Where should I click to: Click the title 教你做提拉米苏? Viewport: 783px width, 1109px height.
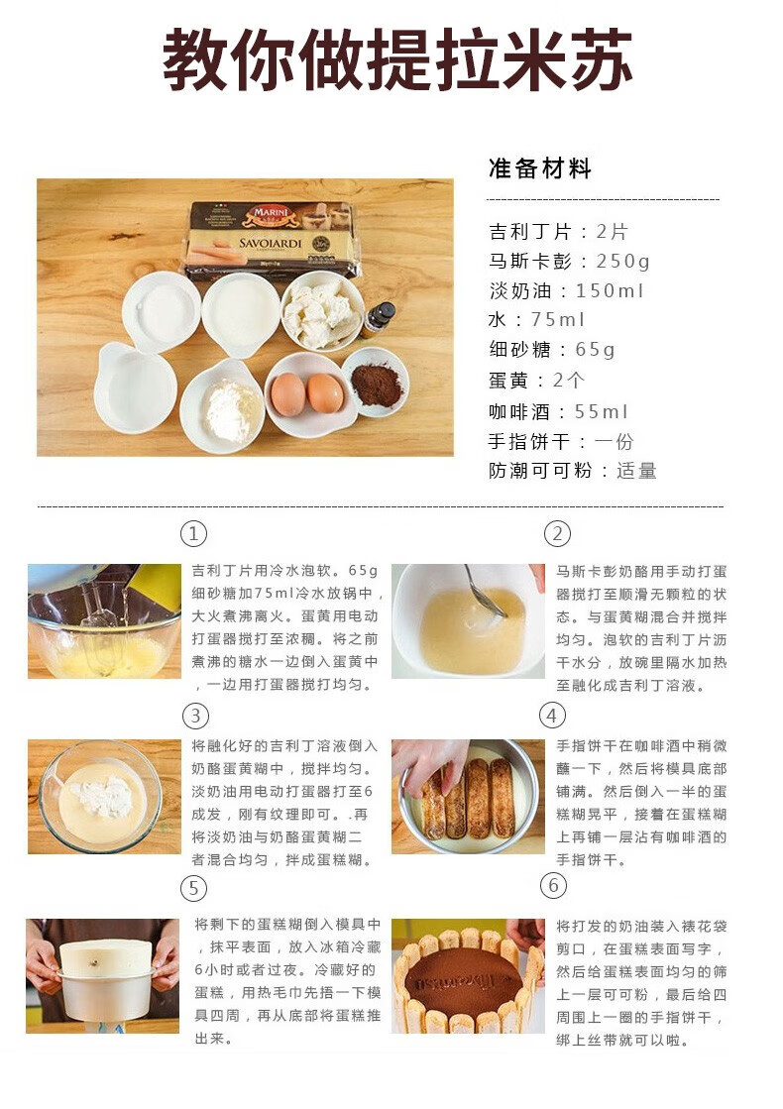396,59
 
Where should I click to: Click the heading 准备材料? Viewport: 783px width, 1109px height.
540,168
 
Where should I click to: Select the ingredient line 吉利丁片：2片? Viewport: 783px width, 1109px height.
558,232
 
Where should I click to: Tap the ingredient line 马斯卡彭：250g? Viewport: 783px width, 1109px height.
570,262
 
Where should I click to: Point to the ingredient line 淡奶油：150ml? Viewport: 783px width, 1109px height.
567,291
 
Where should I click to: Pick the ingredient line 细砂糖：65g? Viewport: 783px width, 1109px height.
552,350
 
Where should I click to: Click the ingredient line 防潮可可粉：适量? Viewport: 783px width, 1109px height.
573,471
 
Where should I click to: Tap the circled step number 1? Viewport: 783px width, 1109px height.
193,534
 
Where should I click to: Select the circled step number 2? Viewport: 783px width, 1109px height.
557,534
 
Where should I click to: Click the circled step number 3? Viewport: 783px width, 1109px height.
195,716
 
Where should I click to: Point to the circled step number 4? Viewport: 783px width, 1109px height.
552,716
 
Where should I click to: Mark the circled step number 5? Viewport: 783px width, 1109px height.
193,887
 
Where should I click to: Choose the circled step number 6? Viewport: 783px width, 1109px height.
553,885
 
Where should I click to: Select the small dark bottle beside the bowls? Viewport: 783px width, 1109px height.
378,319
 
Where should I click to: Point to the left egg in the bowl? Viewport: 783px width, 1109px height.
288,394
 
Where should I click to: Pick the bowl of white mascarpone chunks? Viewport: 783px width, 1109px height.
320,310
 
